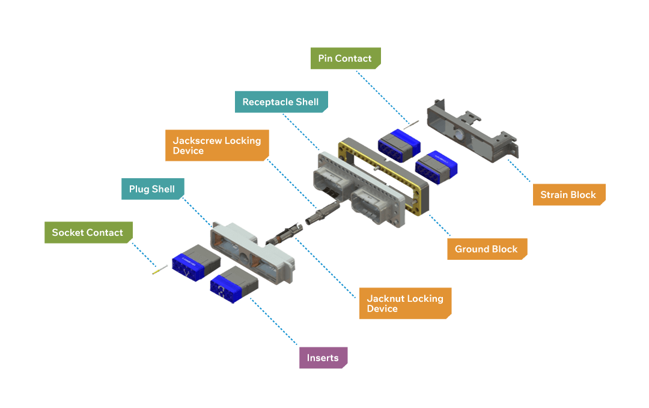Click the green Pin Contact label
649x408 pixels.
[x=345, y=59]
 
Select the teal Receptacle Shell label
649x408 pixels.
[x=281, y=102]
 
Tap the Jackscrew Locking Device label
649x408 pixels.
[x=216, y=146]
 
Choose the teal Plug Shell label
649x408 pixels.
[x=152, y=189]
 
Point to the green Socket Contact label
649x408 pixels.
[x=88, y=232]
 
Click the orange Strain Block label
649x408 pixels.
[x=568, y=194]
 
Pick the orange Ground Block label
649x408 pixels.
[x=486, y=249]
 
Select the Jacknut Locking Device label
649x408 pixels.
[x=404, y=303]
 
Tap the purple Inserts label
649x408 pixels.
[x=323, y=358]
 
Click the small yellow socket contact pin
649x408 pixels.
[x=160, y=271]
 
